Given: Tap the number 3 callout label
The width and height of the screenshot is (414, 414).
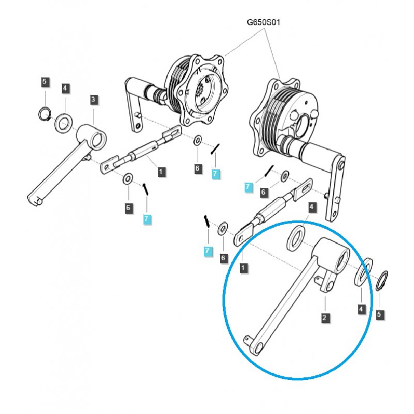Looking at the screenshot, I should tap(93, 99).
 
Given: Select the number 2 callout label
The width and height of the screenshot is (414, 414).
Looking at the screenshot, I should tap(324, 318).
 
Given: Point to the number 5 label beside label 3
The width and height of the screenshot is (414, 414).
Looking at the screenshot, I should tap(45, 81).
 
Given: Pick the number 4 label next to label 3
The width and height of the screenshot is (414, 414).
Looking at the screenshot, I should tap(65, 88).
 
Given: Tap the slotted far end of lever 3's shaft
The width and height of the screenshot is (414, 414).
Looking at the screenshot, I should tap(36, 198).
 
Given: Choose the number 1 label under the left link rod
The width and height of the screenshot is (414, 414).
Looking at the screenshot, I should tap(161, 170).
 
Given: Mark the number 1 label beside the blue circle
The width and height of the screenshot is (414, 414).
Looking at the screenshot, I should tap(243, 268).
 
